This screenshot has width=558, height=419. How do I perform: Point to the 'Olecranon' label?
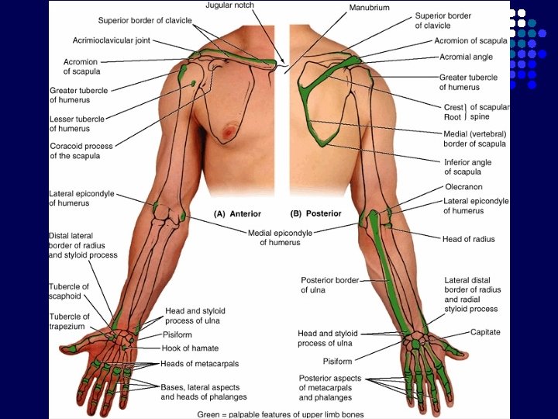tap(463, 187)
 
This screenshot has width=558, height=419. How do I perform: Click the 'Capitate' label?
tap(485, 332)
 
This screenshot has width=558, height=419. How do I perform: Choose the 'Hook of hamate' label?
tap(190, 348)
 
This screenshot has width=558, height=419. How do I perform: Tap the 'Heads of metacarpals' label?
tap(199, 363)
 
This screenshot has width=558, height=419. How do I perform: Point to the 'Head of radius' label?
tap(468, 239)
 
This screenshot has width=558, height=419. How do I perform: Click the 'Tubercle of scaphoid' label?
tap(69, 292)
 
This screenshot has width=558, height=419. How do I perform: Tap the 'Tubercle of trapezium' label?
tap(69, 321)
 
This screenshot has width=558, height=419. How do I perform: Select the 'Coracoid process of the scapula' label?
tap(81, 151)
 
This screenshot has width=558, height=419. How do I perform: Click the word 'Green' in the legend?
tap(211, 414)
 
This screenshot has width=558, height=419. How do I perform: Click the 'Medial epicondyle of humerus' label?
tap(280, 237)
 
